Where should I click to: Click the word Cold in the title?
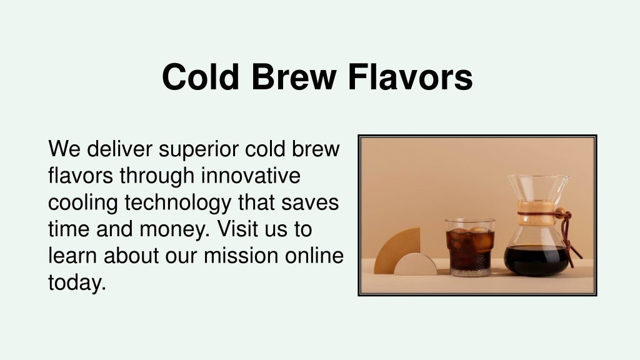[x=201, y=77]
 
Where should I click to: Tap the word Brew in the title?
[x=294, y=77]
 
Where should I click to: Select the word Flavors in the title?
[x=410, y=77]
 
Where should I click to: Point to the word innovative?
[x=251, y=176]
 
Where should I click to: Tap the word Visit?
[x=237, y=229]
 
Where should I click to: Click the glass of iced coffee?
[x=470, y=247]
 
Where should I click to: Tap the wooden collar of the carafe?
[x=536, y=213]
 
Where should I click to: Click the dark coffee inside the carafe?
[x=536, y=260]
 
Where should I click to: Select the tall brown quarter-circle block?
[x=396, y=249]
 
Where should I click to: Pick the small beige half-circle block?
[x=416, y=265]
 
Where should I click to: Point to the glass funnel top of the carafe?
[x=538, y=187]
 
